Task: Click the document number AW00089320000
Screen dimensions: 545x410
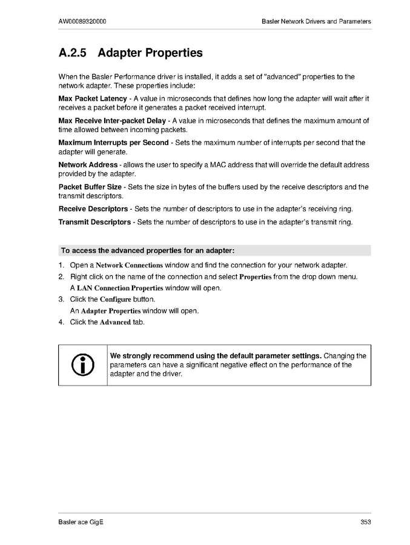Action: [x=84, y=21]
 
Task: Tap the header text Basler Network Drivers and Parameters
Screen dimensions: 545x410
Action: [x=316, y=21]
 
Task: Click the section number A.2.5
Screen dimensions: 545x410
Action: [x=73, y=53]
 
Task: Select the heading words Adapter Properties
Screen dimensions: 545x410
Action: [x=150, y=53]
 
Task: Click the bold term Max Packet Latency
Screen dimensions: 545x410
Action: [x=92, y=98]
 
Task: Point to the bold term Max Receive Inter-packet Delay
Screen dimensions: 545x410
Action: [x=111, y=121]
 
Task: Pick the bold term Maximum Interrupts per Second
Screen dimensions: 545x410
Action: [x=113, y=143]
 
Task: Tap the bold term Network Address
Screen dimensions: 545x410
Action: [x=88, y=165]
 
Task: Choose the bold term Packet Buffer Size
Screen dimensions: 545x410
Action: [x=90, y=187]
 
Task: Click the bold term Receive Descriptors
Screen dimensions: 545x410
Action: [x=93, y=209]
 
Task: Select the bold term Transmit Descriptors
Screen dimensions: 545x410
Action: [x=94, y=222]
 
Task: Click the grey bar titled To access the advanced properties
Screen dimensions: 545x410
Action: [x=214, y=250]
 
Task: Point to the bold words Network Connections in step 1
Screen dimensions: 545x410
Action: [x=129, y=266]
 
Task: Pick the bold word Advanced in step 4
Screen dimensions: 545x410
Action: [x=115, y=322]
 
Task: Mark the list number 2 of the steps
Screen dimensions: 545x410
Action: [x=61, y=277]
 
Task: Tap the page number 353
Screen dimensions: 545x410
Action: [x=365, y=522]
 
